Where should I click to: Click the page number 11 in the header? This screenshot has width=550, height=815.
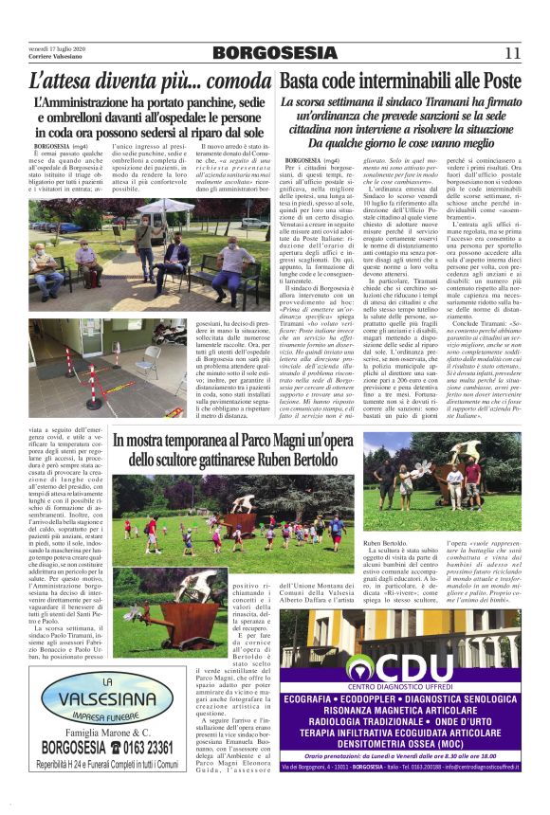[x=512, y=53]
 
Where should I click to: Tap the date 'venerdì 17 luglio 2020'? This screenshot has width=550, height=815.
[x=56, y=47]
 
